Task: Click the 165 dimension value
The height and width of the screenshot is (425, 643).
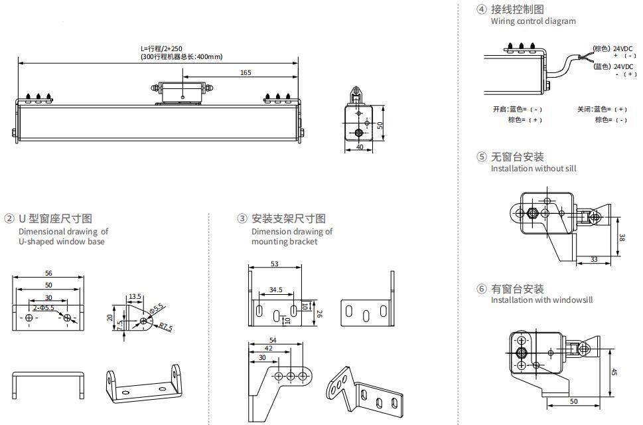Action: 246,72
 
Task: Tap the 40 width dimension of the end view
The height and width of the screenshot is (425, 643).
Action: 360,147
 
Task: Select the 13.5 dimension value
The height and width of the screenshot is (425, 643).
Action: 135,297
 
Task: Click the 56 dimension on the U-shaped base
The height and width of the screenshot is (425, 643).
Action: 48,273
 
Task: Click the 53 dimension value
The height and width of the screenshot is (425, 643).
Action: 275,264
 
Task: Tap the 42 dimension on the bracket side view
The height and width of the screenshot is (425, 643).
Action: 268,348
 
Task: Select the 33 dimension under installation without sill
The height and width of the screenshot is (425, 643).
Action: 593,259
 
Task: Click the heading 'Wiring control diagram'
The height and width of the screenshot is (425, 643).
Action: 533,21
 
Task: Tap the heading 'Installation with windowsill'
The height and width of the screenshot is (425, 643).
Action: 541,300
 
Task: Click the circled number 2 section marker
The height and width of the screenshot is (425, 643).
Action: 9,218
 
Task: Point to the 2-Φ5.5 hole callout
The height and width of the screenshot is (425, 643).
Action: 44,308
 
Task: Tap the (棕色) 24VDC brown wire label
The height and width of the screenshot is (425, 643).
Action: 613,48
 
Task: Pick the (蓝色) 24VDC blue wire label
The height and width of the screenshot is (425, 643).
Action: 613,66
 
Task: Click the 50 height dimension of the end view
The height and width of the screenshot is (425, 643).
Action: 380,124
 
